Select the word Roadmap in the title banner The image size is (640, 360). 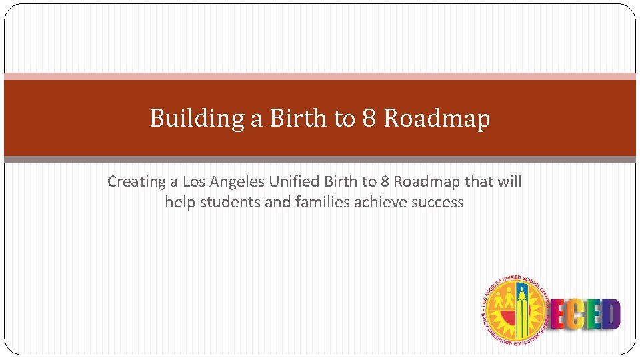(x=437, y=119)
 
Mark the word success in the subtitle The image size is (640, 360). (x=437, y=202)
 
